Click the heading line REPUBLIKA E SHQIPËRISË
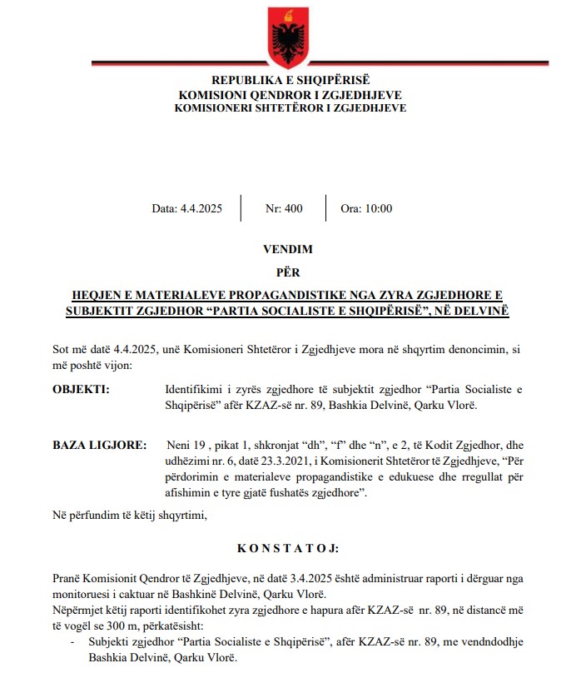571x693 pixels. coord(285,81)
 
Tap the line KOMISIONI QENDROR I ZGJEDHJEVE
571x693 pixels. coord(285,94)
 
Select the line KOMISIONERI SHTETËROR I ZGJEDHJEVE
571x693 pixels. coord(285,107)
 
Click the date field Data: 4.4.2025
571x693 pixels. coord(186,209)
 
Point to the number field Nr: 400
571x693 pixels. coord(284,209)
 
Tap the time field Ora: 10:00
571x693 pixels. coord(366,209)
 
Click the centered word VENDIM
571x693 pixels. coord(285,249)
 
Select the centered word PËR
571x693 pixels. coord(285,272)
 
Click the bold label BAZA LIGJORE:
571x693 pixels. coord(94,446)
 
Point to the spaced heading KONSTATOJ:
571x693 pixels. coord(285,549)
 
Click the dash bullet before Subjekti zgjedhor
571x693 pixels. coord(72,643)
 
